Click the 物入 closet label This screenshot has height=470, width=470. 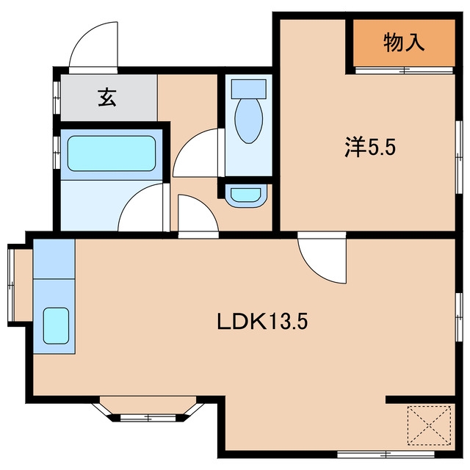pyautogui.click(x=404, y=43)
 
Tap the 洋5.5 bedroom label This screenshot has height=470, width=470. pyautogui.click(x=370, y=147)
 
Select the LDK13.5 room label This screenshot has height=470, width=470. pyautogui.click(x=262, y=321)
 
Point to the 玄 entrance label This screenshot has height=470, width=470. pyautogui.click(x=107, y=97)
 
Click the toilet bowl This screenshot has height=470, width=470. pyautogui.click(x=249, y=120)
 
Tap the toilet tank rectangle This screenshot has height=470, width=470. pyautogui.click(x=249, y=89)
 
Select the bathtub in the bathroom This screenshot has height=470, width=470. pyautogui.click(x=112, y=153)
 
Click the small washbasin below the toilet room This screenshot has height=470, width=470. pyautogui.click(x=246, y=195)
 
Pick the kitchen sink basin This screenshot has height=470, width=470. pyautogui.click(x=56, y=325)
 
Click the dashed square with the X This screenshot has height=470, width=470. pyautogui.click(x=429, y=424)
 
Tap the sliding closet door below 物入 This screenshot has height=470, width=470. pyautogui.click(x=404, y=70)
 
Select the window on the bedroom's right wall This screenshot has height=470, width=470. pyautogui.click(x=458, y=157)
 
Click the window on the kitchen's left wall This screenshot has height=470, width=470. pyautogui.click(x=11, y=285)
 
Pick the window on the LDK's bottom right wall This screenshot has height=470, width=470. pyautogui.click(x=386, y=455)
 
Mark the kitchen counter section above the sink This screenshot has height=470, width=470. pyautogui.click(x=54, y=259)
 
